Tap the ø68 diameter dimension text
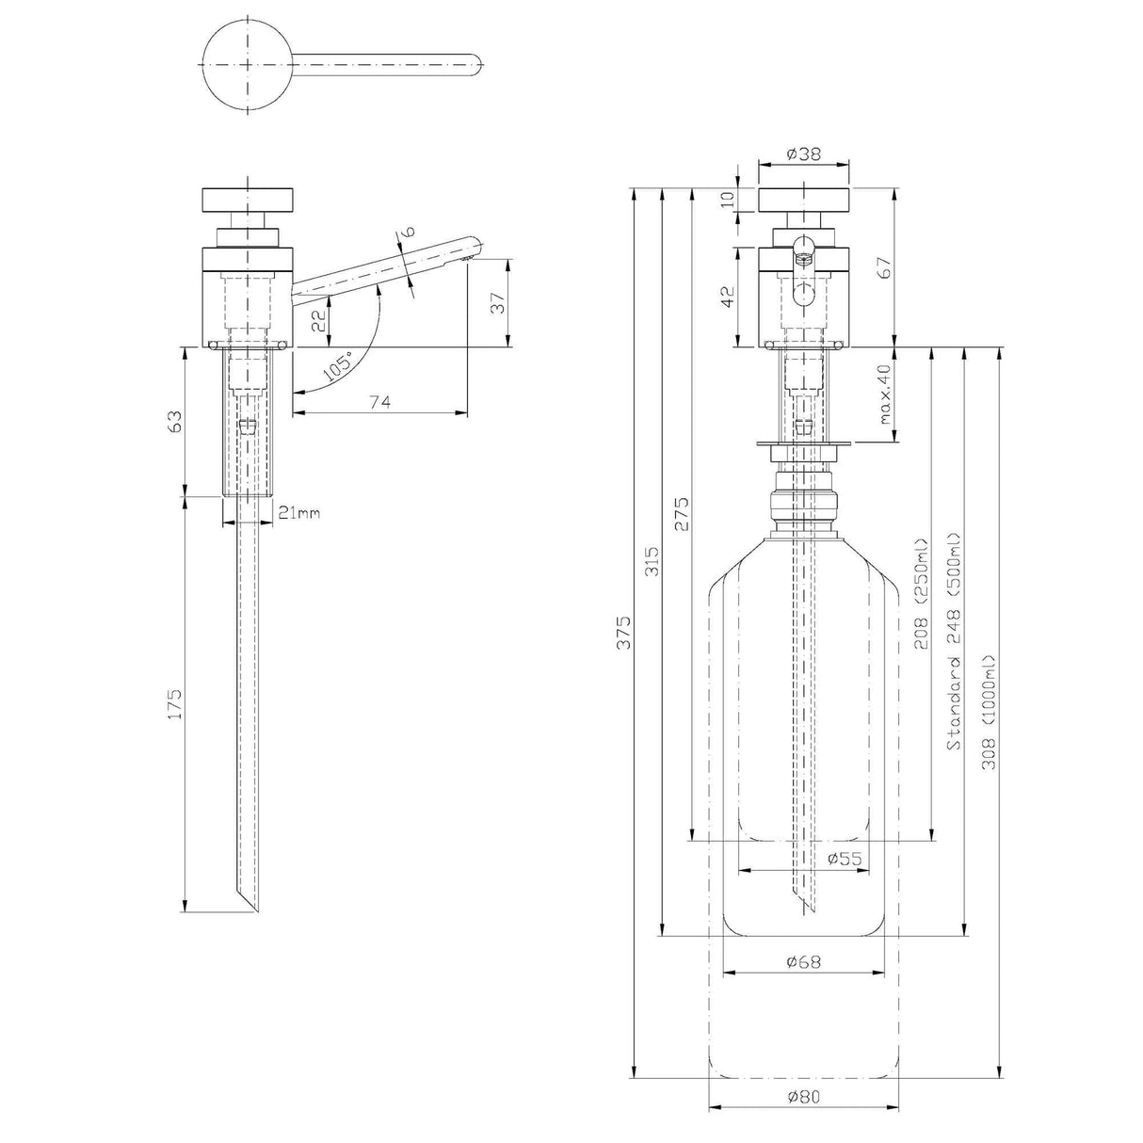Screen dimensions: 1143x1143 tap(803, 961)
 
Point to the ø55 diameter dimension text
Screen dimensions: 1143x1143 tap(845, 858)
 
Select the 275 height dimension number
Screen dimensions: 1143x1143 tap(683, 514)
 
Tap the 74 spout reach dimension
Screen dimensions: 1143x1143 tap(379, 402)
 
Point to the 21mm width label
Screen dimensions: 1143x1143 tap(299, 512)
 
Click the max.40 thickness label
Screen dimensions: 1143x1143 tap(884, 394)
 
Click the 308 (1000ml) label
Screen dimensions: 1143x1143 tap(988, 712)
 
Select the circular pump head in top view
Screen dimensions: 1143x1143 tap(248, 64)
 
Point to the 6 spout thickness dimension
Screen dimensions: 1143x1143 tap(407, 232)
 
